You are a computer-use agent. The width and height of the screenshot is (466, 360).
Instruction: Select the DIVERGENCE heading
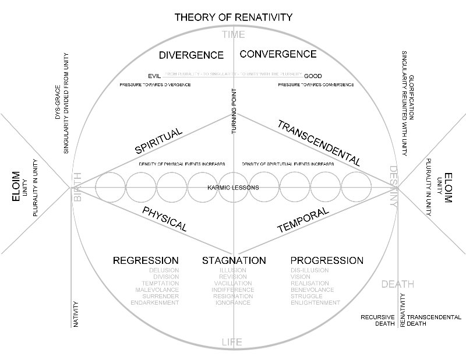click(x=191, y=55)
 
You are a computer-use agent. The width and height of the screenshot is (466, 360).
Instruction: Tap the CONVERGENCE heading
click(x=278, y=54)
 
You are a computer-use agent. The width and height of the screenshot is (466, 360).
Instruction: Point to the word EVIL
click(x=154, y=75)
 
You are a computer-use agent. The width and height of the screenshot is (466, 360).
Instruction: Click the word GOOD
click(x=313, y=76)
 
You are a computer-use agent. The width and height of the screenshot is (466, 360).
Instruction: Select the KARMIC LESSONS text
click(x=233, y=188)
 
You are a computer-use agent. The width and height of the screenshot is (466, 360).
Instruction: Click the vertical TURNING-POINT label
click(x=234, y=111)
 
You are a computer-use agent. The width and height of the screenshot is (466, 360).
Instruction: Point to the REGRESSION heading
click(x=146, y=260)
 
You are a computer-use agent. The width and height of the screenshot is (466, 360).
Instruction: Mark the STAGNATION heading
click(x=234, y=260)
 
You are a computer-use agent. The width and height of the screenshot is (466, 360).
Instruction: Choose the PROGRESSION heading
click(x=326, y=260)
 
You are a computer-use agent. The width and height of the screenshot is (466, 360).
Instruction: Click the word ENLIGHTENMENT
click(x=315, y=303)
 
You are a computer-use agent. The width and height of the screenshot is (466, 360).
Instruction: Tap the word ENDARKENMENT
click(x=155, y=303)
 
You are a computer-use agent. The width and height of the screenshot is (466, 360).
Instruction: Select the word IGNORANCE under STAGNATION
click(x=233, y=303)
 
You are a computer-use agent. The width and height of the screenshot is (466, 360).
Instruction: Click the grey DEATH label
click(x=398, y=284)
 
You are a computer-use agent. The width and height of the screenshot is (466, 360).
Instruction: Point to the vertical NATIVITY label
click(x=76, y=314)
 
